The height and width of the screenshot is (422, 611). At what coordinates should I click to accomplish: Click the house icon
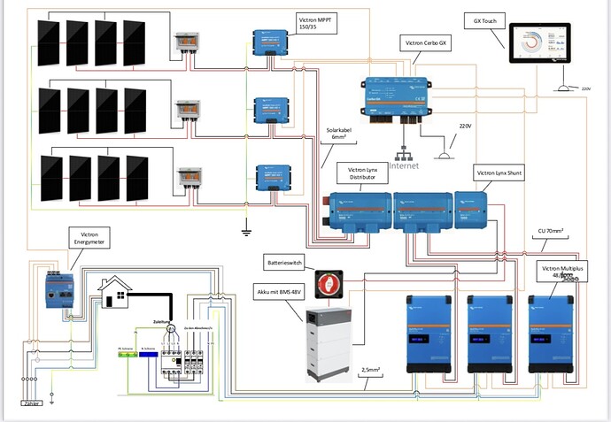[114, 294]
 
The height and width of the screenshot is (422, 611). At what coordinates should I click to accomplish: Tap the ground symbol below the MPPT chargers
[245, 232]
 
